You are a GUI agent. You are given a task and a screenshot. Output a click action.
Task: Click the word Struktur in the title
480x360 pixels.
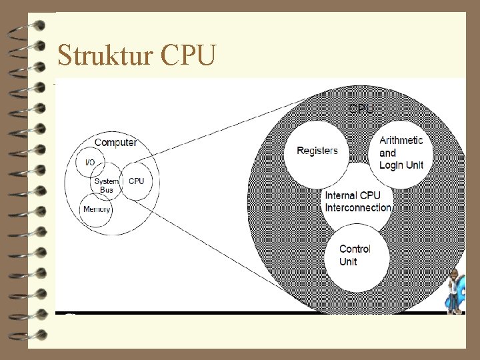(x=105, y=56)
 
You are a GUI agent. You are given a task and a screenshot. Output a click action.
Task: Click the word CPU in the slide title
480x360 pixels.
(x=188, y=56)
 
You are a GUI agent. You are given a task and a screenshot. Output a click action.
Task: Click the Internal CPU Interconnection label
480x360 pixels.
(x=358, y=201)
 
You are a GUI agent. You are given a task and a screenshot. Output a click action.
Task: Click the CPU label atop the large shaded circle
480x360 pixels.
(x=361, y=108)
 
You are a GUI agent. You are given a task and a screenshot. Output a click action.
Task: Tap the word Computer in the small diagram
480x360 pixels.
(x=116, y=142)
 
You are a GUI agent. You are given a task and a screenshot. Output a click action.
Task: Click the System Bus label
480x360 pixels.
(x=107, y=185)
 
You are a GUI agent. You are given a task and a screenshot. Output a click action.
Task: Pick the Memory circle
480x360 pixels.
(x=97, y=209)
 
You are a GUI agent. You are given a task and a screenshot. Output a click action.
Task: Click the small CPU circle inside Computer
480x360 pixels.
(x=136, y=181)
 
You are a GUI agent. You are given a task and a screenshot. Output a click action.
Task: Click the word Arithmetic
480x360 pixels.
(x=401, y=140)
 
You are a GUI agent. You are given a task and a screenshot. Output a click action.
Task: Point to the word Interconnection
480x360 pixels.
(x=358, y=207)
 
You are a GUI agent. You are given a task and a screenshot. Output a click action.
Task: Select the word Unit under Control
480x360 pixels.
(x=348, y=262)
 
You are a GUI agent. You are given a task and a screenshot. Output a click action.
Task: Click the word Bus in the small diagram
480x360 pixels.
(x=107, y=190)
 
